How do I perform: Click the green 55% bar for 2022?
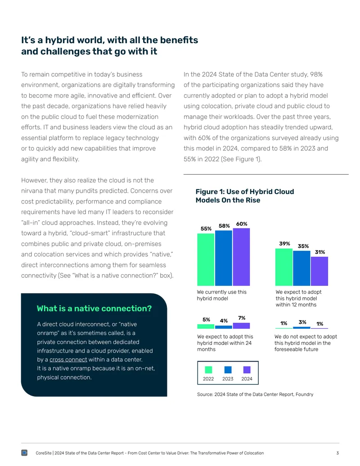[x=206, y=259]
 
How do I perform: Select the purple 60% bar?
[x=241, y=257]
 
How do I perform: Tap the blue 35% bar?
[x=301, y=268]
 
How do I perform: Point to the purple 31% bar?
[x=319, y=271]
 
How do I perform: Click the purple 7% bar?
[x=241, y=326]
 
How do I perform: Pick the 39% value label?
[x=284, y=244]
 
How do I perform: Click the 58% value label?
[x=224, y=226]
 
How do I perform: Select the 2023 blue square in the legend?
[x=228, y=370]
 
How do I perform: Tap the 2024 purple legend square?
[x=247, y=370]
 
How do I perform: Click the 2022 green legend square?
[x=208, y=370]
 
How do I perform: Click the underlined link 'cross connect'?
[x=68, y=360]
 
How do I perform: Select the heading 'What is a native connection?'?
[x=94, y=308]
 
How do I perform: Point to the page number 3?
[x=337, y=453]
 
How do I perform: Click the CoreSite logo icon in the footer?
[x=24, y=452]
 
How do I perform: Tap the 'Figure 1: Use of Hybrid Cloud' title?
[x=245, y=192]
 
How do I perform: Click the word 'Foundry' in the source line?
[x=305, y=394]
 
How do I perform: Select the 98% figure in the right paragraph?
[x=316, y=74]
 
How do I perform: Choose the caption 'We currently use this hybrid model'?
[x=221, y=295]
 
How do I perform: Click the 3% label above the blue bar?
[x=302, y=322]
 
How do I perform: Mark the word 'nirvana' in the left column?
[x=34, y=191]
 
